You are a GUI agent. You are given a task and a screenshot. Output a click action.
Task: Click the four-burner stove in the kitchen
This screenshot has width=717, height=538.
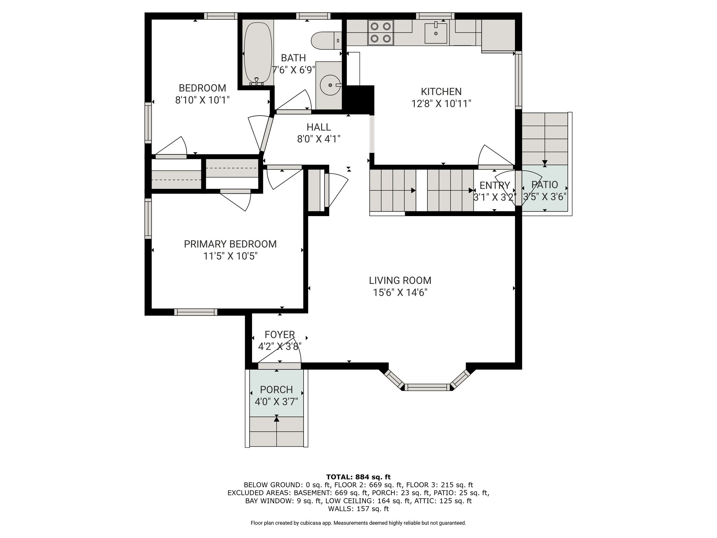coord(381,33)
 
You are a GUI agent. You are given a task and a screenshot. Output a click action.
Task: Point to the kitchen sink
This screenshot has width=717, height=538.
coord(436,33)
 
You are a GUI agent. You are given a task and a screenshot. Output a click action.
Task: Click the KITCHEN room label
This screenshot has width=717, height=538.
coord(441,92)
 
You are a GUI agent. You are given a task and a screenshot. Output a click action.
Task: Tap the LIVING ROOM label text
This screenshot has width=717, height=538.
coord(400,281)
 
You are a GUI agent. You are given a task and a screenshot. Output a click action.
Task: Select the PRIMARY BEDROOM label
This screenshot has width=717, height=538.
coord(230,244)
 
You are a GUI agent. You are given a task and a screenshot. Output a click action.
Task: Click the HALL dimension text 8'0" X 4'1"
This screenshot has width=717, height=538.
coord(319,139)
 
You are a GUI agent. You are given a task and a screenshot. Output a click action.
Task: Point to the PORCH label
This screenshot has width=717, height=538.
coord(277,389)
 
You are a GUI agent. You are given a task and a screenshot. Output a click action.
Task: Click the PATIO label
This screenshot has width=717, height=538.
coord(545,185)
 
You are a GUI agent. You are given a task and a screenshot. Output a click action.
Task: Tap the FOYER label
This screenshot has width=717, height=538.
coord(280,335)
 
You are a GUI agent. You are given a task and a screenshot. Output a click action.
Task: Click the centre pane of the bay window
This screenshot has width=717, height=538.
coord(427,387)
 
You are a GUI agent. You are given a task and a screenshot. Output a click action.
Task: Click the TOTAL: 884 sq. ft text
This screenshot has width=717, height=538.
coord(358,477)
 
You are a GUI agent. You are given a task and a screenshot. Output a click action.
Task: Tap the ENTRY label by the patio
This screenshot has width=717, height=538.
coord(495,185)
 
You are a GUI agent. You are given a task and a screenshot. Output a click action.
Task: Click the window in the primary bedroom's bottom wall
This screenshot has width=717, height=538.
coord(196,312)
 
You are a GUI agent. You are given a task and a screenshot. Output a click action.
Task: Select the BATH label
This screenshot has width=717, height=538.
coord(293,58)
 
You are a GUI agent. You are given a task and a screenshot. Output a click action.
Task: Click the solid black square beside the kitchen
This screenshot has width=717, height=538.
coord(360,99)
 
